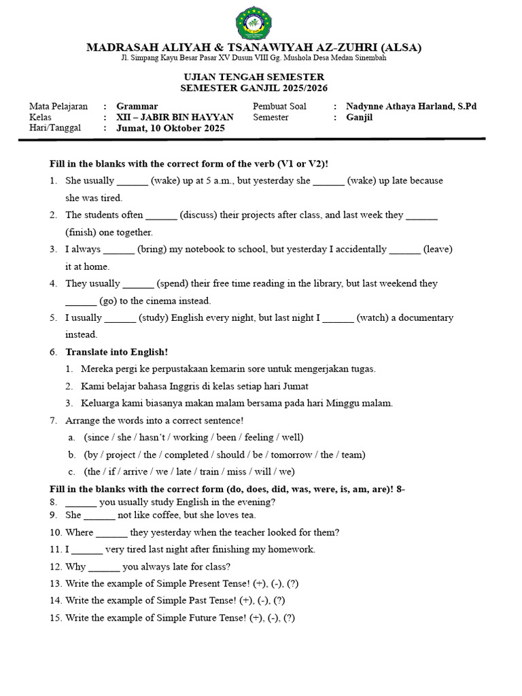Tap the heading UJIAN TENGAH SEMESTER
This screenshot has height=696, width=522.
click(252, 77)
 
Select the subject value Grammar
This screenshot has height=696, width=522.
click(137, 106)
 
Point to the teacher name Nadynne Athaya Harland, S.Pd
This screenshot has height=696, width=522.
click(411, 106)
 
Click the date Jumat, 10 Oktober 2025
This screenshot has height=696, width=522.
click(171, 128)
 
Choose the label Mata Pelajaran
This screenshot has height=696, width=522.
click(58, 106)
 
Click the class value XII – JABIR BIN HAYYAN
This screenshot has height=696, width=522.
click(175, 117)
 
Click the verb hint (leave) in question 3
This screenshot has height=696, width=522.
click(438, 249)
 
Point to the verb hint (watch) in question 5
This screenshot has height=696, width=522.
click(374, 317)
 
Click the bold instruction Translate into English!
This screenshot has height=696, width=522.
click(116, 352)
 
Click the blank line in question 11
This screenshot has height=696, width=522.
click(86, 550)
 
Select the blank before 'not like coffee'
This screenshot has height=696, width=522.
click(99, 516)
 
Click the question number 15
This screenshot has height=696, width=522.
click(55, 618)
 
